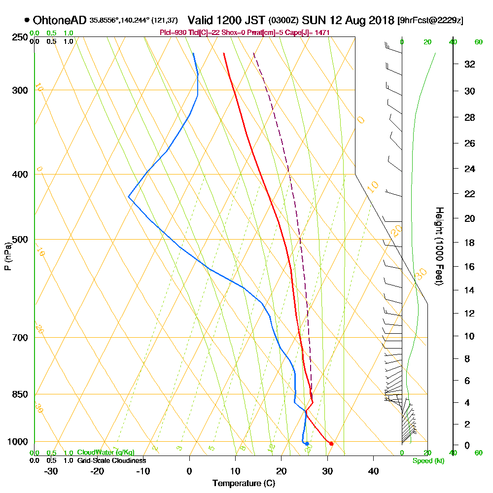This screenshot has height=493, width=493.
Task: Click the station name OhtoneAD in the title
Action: coord(60,20)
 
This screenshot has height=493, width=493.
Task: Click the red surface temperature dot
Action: coord(331,444)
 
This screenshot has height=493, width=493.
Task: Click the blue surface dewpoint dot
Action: coord(307,444)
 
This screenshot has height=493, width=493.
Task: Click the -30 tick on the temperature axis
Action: coord(51,471)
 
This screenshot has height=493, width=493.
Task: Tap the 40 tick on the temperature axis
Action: coord(373,471)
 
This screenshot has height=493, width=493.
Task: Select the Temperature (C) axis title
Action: coord(244,484)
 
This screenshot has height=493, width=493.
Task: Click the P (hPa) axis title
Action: coord(7,256)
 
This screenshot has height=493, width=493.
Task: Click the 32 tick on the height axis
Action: coord(469,64)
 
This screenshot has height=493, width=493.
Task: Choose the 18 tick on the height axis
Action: coord(469,243)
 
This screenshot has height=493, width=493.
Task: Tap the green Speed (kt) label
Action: coord(427,460)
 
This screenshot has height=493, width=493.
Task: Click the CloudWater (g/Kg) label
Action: coord(106,453)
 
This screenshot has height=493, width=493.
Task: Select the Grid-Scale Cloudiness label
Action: coord(111,460)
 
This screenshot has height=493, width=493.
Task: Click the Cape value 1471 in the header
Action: coord(321,33)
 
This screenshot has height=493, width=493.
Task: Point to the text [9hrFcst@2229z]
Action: coord(430,21)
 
